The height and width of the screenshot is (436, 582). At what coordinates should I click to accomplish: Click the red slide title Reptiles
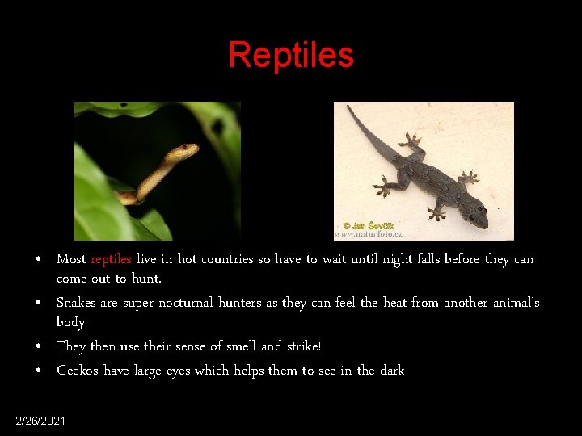tap(291, 56)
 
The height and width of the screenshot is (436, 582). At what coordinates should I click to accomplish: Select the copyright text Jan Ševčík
tap(373, 226)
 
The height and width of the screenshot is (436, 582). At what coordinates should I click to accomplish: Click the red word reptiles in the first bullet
tap(111, 259)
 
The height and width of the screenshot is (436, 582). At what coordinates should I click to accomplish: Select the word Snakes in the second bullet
tap(76, 303)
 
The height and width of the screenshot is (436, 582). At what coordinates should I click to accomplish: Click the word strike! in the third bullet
tap(304, 346)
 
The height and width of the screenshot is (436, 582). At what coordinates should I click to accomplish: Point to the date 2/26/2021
tap(41, 421)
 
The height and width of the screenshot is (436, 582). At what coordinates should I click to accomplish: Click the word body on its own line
tap(70, 322)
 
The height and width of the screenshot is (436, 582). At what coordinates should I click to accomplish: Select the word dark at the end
tap(391, 371)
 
